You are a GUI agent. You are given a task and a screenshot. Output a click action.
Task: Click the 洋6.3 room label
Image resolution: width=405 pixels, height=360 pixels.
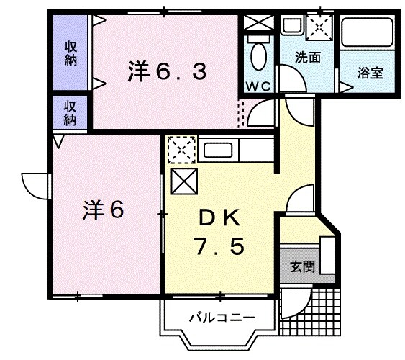coord(168,71)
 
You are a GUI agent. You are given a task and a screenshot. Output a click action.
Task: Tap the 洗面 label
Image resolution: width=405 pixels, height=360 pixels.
coord(307,58)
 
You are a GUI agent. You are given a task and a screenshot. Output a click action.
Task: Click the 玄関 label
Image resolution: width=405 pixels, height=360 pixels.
coord(301,266)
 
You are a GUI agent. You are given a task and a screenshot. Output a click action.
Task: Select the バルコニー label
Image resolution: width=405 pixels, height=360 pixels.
coord(213,316)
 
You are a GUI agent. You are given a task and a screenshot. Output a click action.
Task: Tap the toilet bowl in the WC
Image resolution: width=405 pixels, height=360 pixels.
coord(257,54)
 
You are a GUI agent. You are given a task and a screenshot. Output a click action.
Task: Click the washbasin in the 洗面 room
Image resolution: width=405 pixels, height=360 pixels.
coord(291,26)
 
